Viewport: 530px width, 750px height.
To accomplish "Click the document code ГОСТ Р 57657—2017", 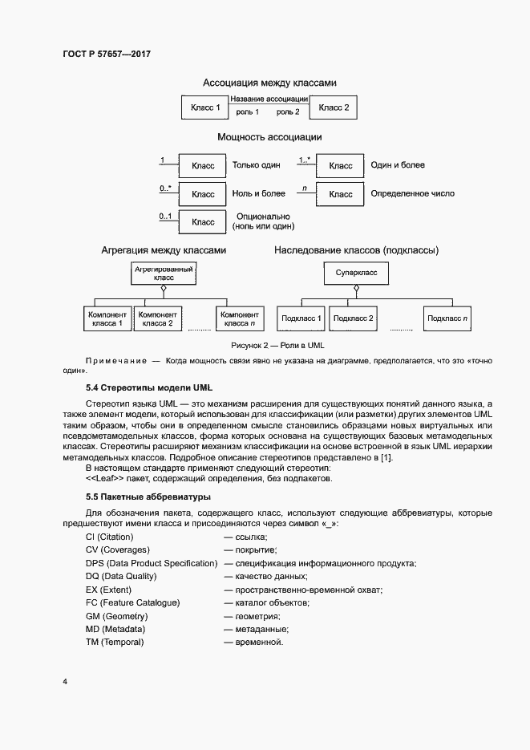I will tap(106, 54).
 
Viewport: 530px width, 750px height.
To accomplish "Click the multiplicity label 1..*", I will tap(305, 160).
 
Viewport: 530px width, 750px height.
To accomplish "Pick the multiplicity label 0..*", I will tap(165, 189).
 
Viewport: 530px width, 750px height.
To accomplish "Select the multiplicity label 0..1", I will tap(165, 217).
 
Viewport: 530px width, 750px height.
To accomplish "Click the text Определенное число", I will tap(413, 194).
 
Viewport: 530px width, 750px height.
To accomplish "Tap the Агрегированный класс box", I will tap(164, 274).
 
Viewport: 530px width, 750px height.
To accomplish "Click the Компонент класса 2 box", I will tap(157, 318).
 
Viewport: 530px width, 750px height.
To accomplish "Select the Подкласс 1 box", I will tap(301, 318).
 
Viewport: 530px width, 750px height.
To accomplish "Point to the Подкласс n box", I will tap(448, 318).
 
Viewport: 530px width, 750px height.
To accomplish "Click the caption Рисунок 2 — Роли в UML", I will tap(277, 345).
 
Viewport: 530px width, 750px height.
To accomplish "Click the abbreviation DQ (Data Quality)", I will tap(121, 576).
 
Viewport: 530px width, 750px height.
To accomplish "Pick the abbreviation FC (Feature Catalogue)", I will tap(132, 602).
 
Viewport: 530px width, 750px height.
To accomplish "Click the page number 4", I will tap(64, 682).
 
